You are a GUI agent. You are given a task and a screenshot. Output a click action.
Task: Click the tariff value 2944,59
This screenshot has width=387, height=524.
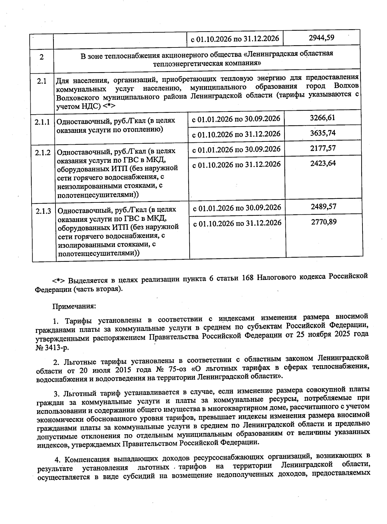[321, 37]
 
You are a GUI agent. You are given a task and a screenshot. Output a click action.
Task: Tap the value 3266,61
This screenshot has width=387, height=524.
[322, 118]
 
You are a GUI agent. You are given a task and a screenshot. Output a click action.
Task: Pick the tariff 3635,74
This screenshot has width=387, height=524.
[323, 133]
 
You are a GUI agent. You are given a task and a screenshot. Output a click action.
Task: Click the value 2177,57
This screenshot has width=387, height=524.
[323, 148]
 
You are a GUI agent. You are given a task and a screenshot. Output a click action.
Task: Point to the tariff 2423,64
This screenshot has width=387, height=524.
[323, 163]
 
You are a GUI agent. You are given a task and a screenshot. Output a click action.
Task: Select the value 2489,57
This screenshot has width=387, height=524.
[323, 206]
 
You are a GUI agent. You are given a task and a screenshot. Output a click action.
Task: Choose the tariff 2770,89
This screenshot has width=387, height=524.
[324, 221]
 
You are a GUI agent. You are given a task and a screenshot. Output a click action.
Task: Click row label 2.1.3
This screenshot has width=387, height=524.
[44, 211]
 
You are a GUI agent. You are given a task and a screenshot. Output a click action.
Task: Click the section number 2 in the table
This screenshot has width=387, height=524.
[42, 57]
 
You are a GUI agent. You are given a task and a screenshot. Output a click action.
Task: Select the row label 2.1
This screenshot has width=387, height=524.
[41, 81]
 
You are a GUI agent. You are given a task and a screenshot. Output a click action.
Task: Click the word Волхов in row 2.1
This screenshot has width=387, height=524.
[346, 86]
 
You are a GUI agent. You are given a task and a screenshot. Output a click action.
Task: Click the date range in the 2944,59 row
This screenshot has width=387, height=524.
[235, 39]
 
